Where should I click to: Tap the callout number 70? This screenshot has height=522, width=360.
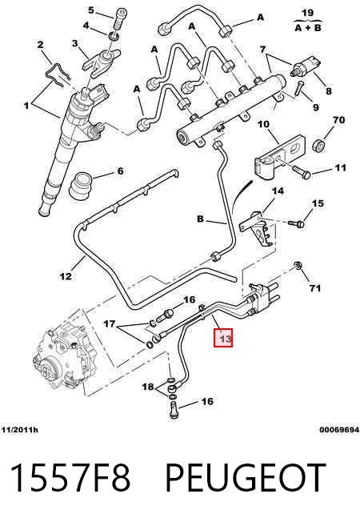(338, 120)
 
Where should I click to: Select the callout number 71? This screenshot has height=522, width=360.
(314, 287)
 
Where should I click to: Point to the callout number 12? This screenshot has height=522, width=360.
(66, 276)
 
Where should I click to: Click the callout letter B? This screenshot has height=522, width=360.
(200, 219)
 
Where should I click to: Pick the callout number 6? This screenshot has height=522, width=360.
(120, 171)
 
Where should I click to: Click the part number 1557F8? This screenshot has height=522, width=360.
(70, 476)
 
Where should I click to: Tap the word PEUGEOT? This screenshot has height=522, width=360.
(246, 476)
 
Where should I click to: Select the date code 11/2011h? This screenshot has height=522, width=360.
(19, 430)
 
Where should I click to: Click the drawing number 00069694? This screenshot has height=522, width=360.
(339, 430)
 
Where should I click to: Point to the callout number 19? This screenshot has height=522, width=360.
(307, 13)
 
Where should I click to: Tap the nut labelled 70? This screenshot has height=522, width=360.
(319, 146)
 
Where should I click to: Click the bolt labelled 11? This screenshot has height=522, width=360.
(301, 172)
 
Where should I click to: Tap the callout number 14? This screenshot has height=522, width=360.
(278, 191)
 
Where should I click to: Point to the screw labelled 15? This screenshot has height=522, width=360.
(297, 223)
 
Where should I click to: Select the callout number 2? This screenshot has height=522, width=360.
(40, 44)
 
